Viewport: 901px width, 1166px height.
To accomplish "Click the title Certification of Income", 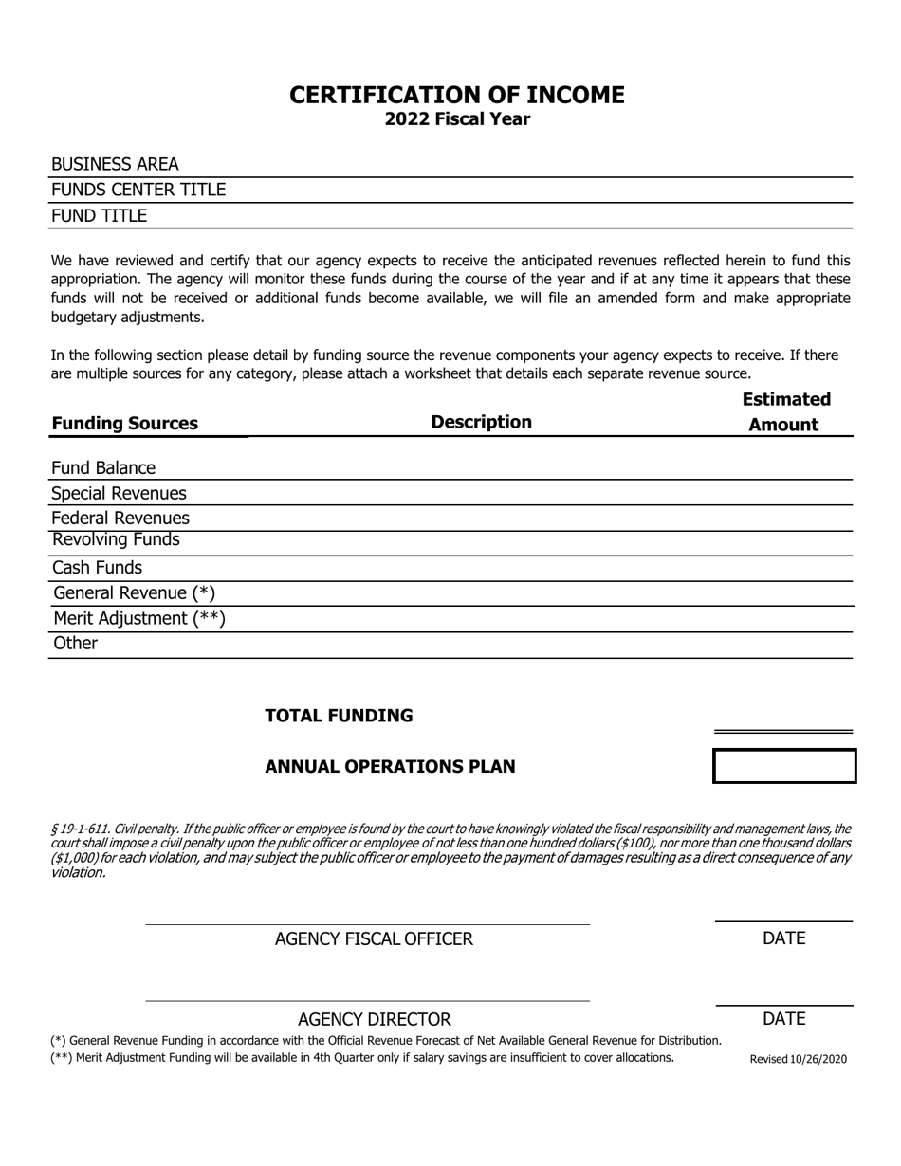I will pyautogui.click(x=457, y=95).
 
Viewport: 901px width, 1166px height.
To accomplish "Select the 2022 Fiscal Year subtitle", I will pyautogui.click(x=457, y=119).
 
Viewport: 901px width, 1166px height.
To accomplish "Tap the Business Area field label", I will pyautogui.click(x=115, y=165).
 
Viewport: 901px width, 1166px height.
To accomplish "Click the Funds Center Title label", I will pyautogui.click(x=138, y=191).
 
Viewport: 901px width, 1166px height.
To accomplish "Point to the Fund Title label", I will pyautogui.click(x=99, y=216).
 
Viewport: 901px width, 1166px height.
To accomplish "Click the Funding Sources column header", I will pyautogui.click(x=124, y=424).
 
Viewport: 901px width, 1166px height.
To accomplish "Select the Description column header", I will pyautogui.click(x=481, y=422).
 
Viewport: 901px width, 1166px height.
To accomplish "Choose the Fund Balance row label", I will pyautogui.click(x=103, y=468).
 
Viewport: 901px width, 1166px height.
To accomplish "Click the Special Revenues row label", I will pyautogui.click(x=119, y=494).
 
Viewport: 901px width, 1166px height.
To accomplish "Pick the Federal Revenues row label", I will pyautogui.click(x=120, y=519).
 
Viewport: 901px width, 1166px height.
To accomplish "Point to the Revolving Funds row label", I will pyautogui.click(x=116, y=540).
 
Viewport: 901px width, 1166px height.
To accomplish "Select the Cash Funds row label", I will pyautogui.click(x=98, y=568).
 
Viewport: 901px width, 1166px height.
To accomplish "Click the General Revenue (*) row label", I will pyautogui.click(x=135, y=593).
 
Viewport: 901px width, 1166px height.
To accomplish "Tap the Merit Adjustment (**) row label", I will pyautogui.click(x=139, y=619).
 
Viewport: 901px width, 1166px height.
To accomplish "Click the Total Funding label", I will pyautogui.click(x=339, y=716).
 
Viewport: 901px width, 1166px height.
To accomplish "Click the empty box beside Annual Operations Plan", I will pyautogui.click(x=784, y=766).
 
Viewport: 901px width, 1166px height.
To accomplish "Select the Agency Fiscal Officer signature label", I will pyautogui.click(x=374, y=939).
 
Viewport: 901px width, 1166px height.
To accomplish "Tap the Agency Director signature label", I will pyautogui.click(x=374, y=1020).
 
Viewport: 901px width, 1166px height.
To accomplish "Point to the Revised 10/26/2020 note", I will pyautogui.click(x=799, y=1060).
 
